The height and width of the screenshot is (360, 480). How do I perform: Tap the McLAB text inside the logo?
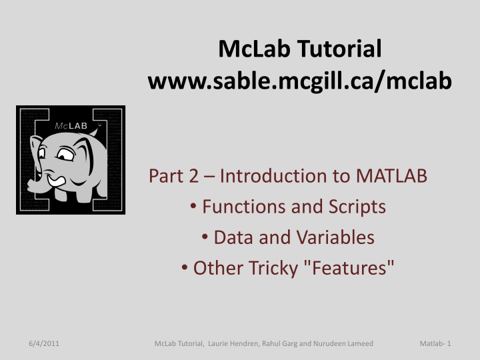[67, 125]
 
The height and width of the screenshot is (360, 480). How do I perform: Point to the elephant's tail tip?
[99, 127]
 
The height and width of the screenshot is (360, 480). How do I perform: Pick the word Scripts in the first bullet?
[356, 207]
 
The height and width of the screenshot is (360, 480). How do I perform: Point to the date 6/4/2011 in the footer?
[42, 343]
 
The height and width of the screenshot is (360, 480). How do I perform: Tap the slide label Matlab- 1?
[436, 343]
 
